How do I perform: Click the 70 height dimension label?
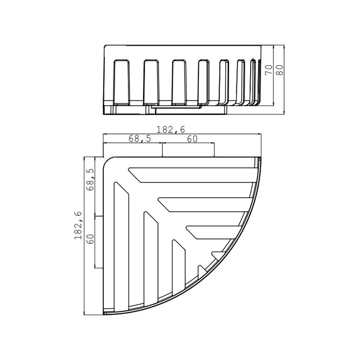coord(269,70)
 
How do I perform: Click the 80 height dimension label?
coord(279,70)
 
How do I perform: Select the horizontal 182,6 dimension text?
coord(171,130)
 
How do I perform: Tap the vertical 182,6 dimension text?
coord(78,225)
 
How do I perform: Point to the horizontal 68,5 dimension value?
coord(140,139)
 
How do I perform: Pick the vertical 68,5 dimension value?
coord(90,180)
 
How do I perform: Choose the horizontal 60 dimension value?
coord(192,139)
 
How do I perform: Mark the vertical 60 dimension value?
coord(90,239)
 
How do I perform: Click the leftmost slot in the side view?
coord(122,81)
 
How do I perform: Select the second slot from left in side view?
coord(151,81)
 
